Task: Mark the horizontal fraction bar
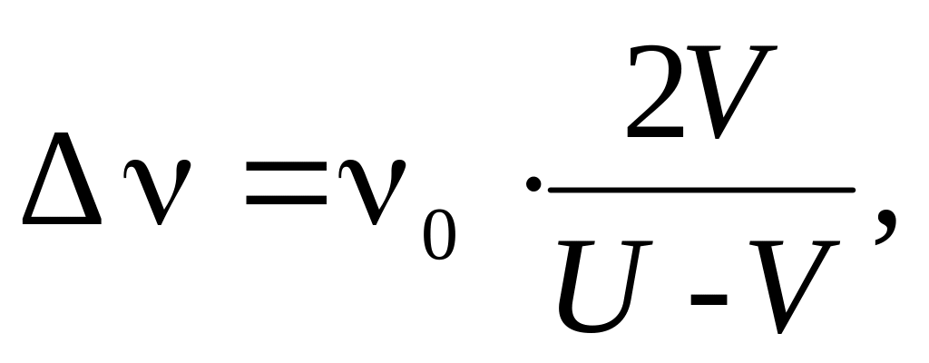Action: pos(701,189)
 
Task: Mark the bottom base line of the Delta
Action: pos(62,218)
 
